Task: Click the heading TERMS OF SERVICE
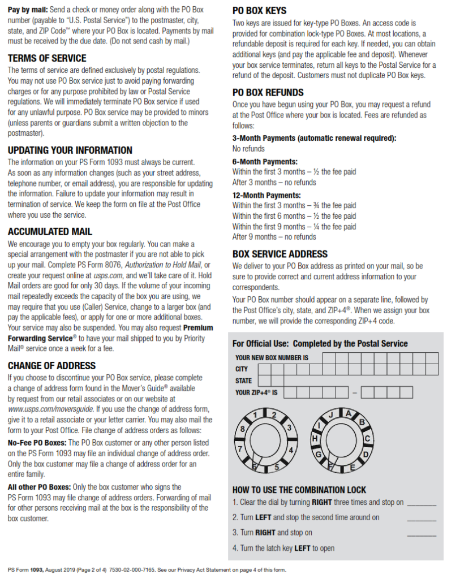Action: pos(47,58)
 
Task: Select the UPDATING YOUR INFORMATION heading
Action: pos(70,150)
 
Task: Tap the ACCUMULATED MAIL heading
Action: pos(50,232)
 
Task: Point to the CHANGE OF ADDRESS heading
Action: pos(51,366)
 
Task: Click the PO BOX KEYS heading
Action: pos(260,11)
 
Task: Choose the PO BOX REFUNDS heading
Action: pos(268,92)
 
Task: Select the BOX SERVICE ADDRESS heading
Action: pos(280,254)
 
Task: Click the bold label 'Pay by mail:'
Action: pos(28,10)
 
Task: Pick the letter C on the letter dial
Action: pos(367,439)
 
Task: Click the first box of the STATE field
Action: pos(264,381)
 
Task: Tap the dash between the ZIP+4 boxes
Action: pos(354,392)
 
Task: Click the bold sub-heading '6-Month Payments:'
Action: pos(265,162)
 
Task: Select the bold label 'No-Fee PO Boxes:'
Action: pos(37,443)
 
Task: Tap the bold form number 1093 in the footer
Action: pos(37,570)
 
